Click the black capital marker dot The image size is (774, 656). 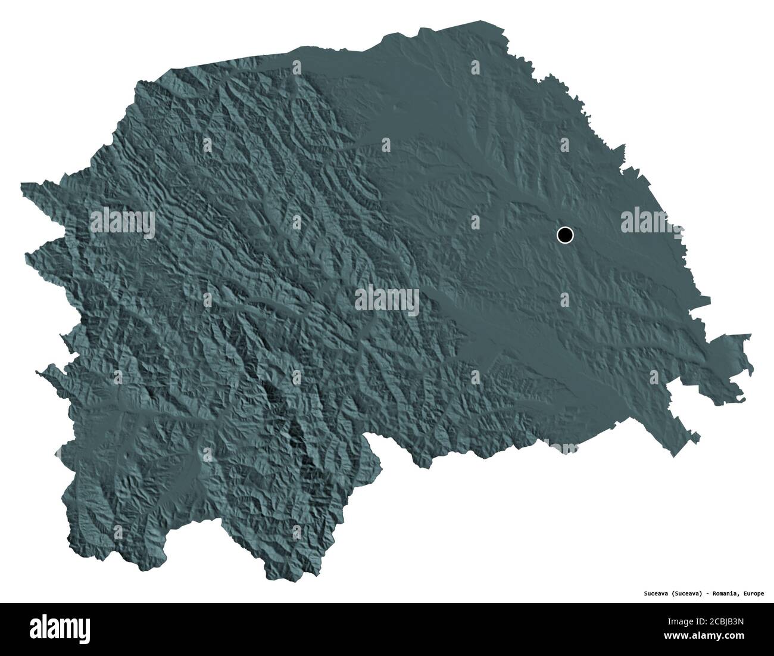pyautogui.click(x=565, y=235)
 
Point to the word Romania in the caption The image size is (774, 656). pyautogui.click(x=726, y=593)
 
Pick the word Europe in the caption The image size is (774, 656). pyautogui.click(x=754, y=593)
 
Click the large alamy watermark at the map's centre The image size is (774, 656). pyautogui.click(x=387, y=301)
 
